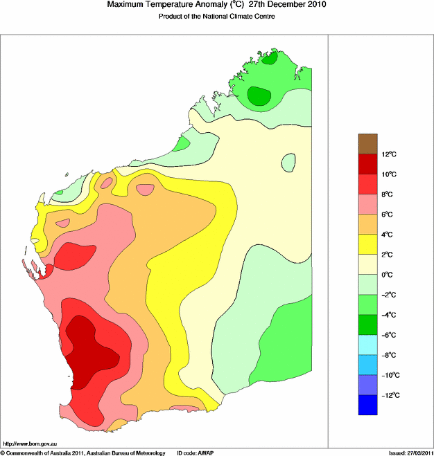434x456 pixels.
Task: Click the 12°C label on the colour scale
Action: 390,154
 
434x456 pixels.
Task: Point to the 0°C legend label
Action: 390,275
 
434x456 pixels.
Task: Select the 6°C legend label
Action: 390,215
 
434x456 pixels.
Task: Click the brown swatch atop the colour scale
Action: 368,144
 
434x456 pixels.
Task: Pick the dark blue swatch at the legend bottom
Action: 368,405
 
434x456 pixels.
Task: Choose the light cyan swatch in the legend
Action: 368,345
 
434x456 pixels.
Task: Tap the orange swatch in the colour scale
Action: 368,224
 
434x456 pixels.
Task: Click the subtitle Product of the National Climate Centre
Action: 217,16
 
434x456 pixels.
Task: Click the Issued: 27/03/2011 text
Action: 410,452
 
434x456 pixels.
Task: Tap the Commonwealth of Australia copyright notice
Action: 83,452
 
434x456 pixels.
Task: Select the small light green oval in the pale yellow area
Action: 288,163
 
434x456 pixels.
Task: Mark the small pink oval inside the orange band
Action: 146,189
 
